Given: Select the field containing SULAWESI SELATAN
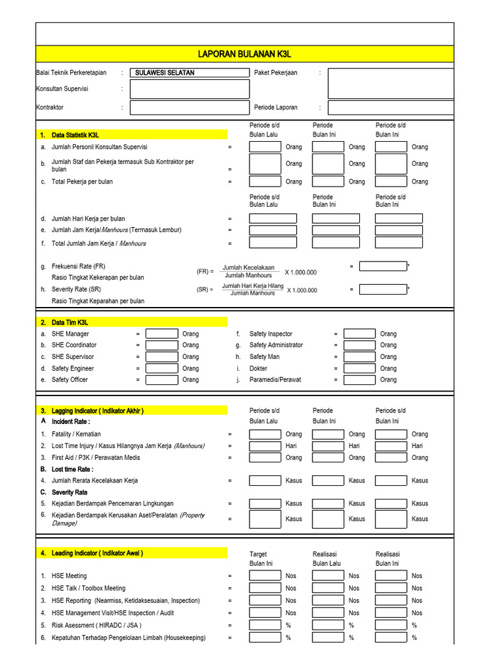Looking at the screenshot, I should pyautogui.click(x=189, y=73).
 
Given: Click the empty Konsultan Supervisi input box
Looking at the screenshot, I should pyautogui.click(x=189, y=89).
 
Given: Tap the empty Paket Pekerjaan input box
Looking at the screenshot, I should pyautogui.click(x=390, y=83).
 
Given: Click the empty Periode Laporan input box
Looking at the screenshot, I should pyautogui.click(x=390, y=107).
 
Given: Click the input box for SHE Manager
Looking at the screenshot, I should pyautogui.click(x=162, y=334).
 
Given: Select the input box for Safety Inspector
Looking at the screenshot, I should pyautogui.click(x=359, y=334).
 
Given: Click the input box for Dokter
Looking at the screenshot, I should pyautogui.click(x=359, y=368).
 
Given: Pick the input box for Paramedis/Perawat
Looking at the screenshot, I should pyautogui.click(x=359, y=380).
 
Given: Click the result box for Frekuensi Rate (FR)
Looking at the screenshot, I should pyautogui.click(x=383, y=266).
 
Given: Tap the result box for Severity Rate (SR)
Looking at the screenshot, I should pyautogui.click(x=383, y=289).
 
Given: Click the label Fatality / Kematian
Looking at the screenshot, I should pyautogui.click(x=76, y=434).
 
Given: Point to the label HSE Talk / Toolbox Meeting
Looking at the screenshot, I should pyautogui.click(x=88, y=588).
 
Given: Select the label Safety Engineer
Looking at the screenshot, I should pyautogui.click(x=73, y=368).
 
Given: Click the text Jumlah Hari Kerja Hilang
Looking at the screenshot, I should pyautogui.click(x=253, y=286).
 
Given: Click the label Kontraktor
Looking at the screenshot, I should pyautogui.click(x=50, y=107).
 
